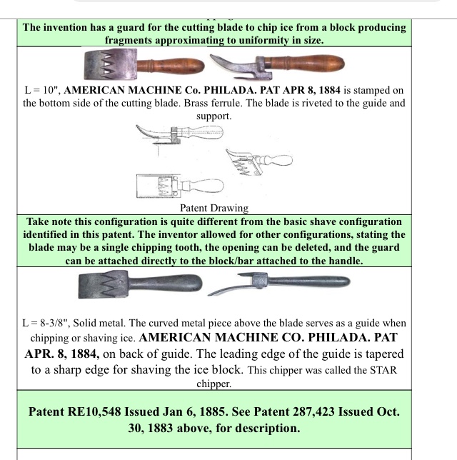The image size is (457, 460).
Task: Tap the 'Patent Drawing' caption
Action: (x=214, y=208)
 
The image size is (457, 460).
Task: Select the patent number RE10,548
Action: (x=94, y=411)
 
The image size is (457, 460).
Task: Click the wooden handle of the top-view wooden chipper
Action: (x=170, y=66)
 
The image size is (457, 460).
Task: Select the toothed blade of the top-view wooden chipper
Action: (x=110, y=64)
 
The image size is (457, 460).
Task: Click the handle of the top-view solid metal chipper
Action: (x=165, y=283)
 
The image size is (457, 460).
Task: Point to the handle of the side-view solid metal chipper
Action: (x=308, y=281)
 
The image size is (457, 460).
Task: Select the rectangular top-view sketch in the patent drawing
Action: (x=180, y=186)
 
